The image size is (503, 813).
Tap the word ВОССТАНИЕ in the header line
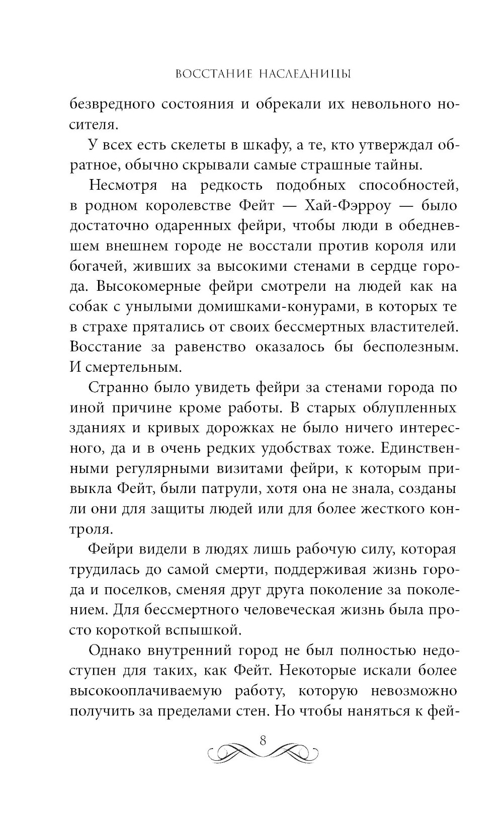coord(203,74)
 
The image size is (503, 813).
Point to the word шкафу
coord(271,146)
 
